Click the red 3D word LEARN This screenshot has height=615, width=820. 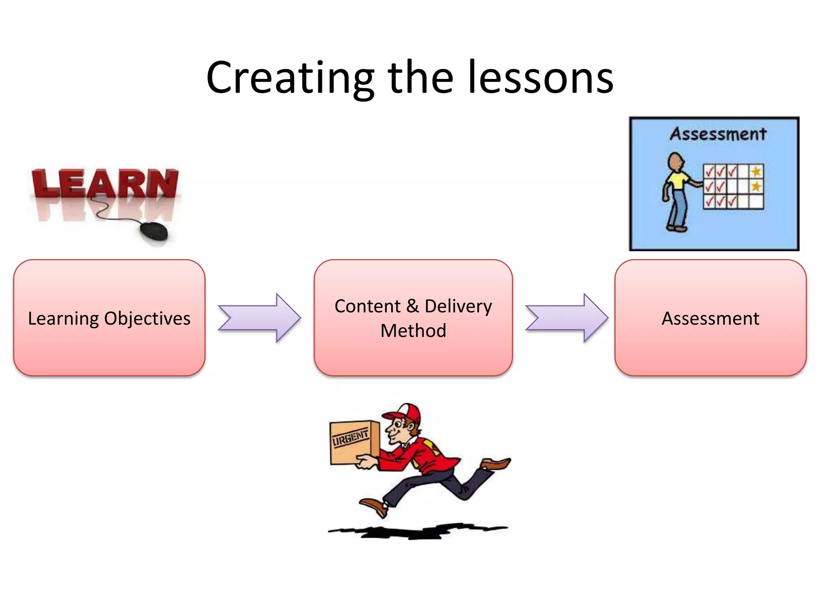105,184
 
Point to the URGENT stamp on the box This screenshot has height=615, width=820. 350,437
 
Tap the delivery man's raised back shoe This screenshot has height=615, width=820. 496,464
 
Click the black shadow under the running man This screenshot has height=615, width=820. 416,531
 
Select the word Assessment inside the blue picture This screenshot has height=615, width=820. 718,134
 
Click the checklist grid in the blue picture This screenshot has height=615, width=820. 733,187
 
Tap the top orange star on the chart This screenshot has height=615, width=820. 756,172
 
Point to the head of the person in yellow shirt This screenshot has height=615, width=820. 676,162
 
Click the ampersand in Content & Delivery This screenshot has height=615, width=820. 412,306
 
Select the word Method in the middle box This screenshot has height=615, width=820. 413,331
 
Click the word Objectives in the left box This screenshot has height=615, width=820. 147,319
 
